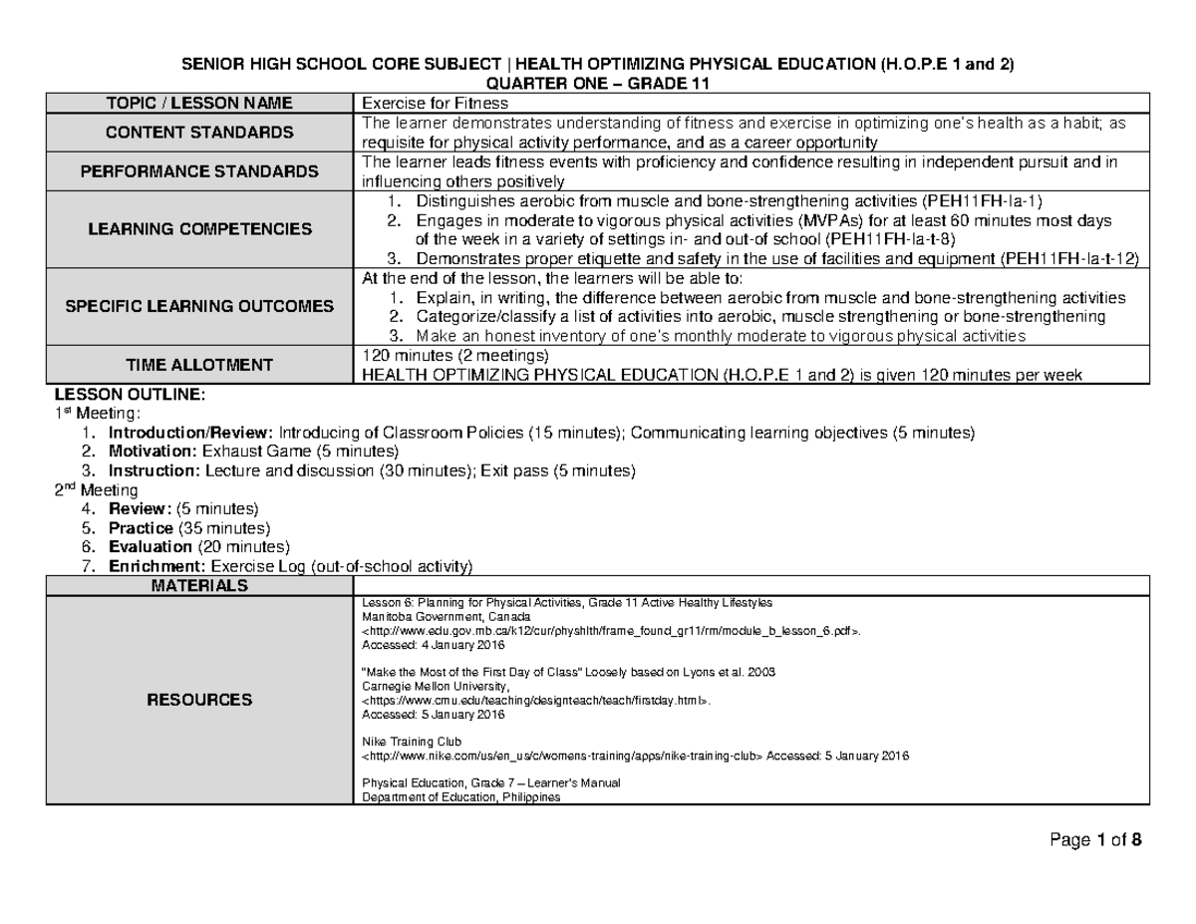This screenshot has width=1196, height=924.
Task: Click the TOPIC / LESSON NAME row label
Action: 201,103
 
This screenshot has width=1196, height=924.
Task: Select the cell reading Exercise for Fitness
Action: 435,103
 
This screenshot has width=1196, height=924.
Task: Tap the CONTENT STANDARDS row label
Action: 201,133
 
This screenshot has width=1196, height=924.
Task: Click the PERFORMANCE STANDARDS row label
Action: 201,171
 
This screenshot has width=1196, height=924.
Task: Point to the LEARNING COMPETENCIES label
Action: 201,229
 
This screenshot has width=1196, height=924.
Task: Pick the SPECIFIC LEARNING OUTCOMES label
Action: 201,307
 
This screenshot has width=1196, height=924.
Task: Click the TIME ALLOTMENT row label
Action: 201,365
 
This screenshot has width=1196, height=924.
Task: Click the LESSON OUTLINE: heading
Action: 126,394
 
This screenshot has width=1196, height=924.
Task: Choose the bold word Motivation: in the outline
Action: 149,452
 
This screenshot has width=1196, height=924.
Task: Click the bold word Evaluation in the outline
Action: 150,547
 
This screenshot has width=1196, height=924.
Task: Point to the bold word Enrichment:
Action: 152,566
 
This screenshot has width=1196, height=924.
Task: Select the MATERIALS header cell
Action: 201,586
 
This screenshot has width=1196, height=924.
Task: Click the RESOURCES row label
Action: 201,700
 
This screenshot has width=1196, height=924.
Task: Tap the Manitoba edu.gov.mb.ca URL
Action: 609,631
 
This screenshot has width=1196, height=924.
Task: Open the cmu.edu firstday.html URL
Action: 537,701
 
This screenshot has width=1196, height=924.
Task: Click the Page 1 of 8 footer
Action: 1094,840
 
